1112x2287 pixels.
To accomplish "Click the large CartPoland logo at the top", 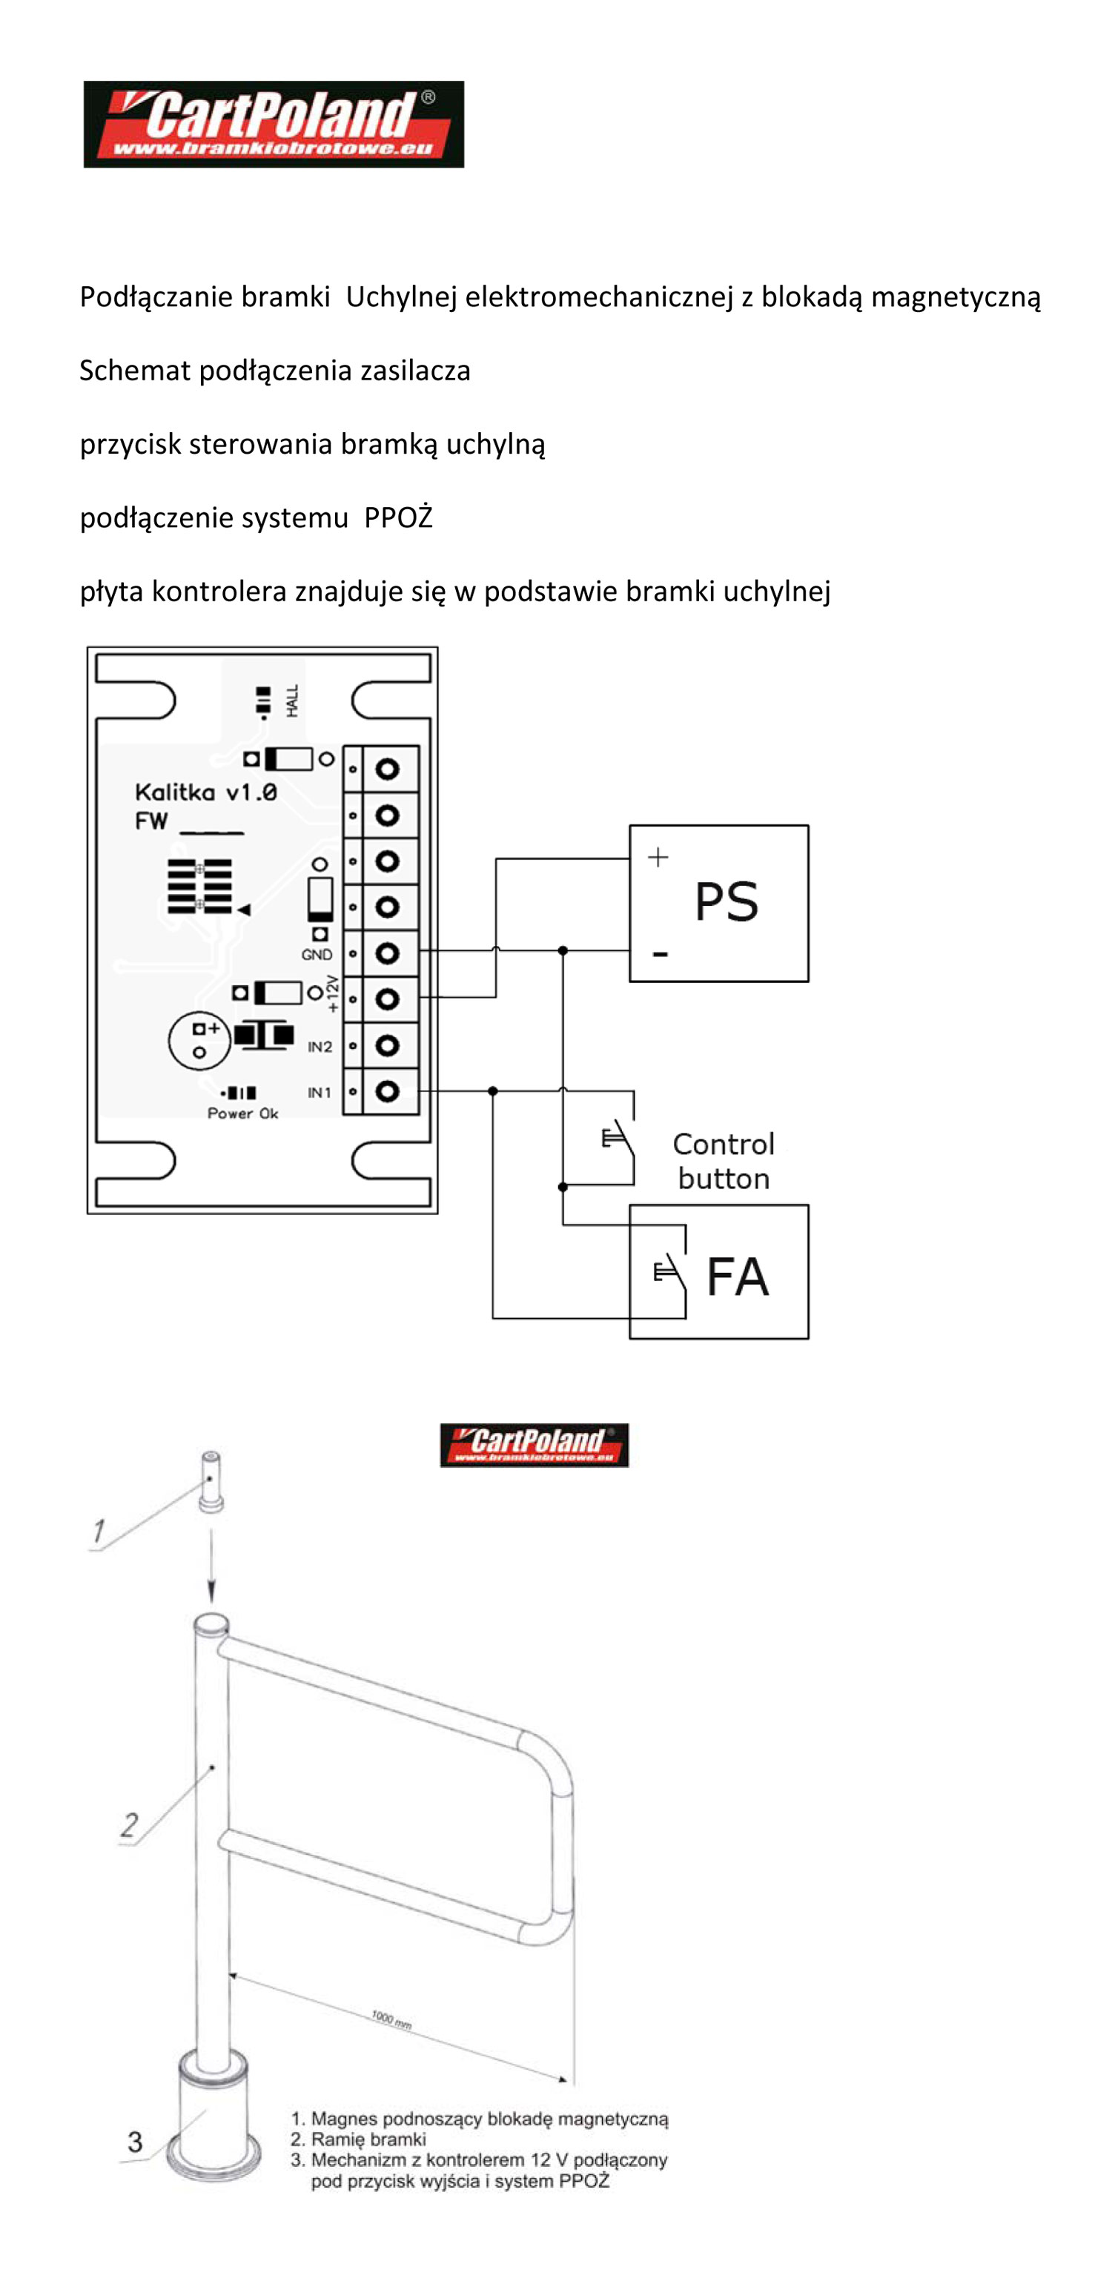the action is [x=274, y=125].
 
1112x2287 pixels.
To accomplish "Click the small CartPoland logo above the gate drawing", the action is [x=535, y=1444].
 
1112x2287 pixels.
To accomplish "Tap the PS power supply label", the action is [x=726, y=902].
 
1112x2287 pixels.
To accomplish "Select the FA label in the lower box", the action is [x=738, y=1277].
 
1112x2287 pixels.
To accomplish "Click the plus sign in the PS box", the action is [x=658, y=857].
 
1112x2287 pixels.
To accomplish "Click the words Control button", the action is [x=724, y=1161].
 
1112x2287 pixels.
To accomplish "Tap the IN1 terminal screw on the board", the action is [x=387, y=1091].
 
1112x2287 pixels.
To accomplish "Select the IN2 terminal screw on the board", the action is [x=387, y=1046].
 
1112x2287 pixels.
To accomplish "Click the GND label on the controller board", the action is [x=317, y=954].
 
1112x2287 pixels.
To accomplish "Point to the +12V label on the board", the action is [x=333, y=993].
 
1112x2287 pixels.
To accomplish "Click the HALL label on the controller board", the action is [x=292, y=701].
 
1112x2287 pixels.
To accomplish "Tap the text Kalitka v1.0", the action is [x=206, y=792].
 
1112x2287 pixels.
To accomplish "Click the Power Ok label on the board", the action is [x=242, y=1113].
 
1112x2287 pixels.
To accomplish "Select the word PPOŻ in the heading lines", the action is [x=399, y=517].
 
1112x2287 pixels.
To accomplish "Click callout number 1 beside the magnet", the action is [x=99, y=1532].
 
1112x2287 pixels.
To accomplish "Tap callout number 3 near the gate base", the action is [x=135, y=2142].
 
